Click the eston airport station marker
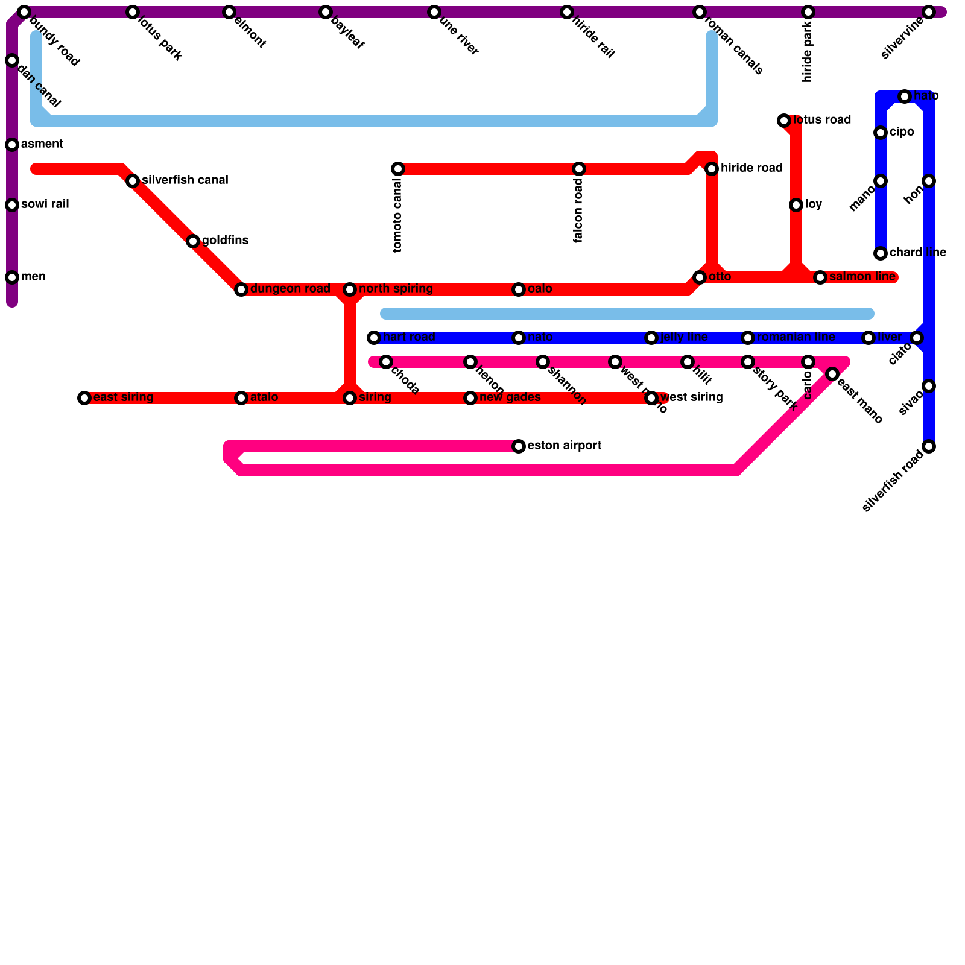click(519, 446)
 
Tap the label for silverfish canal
click(185, 180)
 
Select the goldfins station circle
click(193, 241)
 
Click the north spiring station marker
click(350, 289)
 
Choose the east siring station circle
click(84, 398)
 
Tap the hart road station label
click(409, 337)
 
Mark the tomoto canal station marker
click(398, 169)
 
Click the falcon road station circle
click(579, 169)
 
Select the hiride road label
click(751, 168)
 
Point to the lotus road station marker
click(784, 121)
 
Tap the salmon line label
click(862, 277)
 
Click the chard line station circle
click(881, 253)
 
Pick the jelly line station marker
click(651, 338)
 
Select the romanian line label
click(796, 337)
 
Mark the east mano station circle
click(832, 374)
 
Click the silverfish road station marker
click(929, 446)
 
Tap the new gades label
click(510, 397)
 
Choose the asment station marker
click(12, 145)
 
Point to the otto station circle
click(700, 277)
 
